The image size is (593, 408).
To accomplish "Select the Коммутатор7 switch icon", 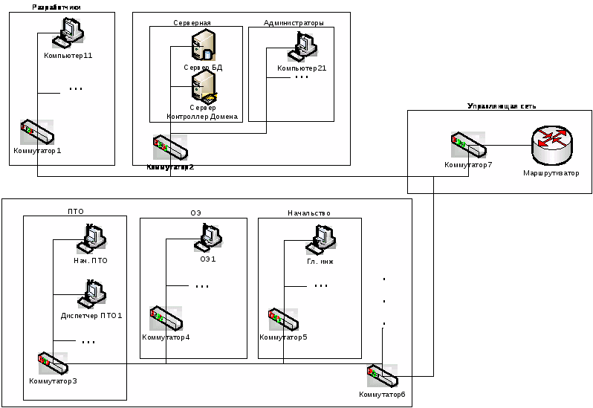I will coord(467,145).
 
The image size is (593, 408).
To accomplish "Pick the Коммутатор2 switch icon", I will coord(170,148).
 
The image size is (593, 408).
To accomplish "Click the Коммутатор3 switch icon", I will coord(54,365).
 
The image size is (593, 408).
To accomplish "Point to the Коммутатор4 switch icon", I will coord(165,320).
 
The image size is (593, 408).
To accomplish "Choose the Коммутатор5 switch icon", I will coord(283,321).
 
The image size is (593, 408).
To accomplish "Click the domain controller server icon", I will coord(203,88).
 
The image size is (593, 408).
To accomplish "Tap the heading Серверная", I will coord(192,23).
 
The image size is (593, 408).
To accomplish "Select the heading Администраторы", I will coord(294,23).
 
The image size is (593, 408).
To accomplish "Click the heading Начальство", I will coord(309,213).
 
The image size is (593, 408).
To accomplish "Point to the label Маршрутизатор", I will coord(551,173).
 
